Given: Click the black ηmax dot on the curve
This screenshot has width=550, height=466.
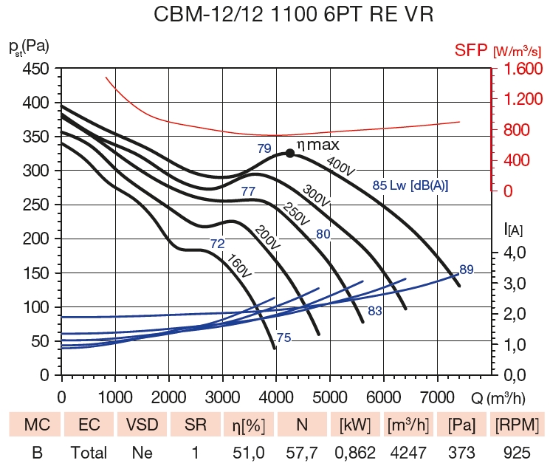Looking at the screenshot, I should pos(290,153).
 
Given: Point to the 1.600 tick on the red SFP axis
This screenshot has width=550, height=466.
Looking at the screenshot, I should pos(523,69).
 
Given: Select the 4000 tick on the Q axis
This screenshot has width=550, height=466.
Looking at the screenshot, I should pos(276,396).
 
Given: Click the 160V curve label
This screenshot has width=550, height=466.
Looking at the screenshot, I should pos(241,265).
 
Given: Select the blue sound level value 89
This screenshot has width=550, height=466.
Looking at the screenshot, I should pos(467,269).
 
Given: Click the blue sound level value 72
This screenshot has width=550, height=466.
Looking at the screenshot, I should pos(218,243).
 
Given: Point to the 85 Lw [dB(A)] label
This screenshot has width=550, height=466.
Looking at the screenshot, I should pos(410,185).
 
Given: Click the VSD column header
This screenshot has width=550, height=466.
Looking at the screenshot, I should pos(142,425).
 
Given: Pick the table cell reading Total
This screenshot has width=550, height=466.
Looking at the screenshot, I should pos(89,452).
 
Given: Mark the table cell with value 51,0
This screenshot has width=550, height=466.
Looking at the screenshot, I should pos(247,452).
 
